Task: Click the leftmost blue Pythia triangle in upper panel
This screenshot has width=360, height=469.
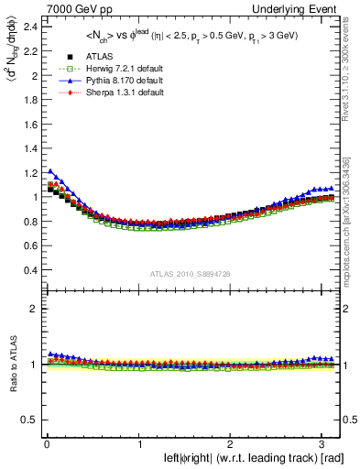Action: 49,170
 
